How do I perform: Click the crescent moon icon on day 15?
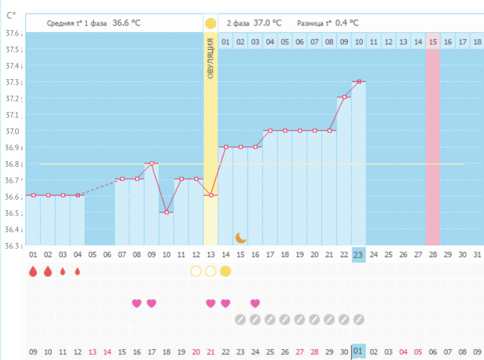(240, 238)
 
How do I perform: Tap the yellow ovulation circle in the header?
(210, 23)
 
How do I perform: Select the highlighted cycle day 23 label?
(358, 254)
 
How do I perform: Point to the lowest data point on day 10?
(166, 212)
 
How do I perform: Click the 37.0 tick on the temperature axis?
(13, 131)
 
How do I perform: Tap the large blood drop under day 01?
(33, 271)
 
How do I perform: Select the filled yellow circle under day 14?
(225, 271)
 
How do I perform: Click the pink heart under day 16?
(136, 303)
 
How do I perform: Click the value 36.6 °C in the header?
(127, 23)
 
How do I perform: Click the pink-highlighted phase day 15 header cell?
(433, 42)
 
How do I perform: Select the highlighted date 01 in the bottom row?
(358, 350)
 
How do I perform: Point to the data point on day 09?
(152, 163)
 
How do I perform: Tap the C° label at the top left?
(11, 14)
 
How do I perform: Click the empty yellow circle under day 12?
(196, 271)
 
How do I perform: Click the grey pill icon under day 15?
(240, 318)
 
